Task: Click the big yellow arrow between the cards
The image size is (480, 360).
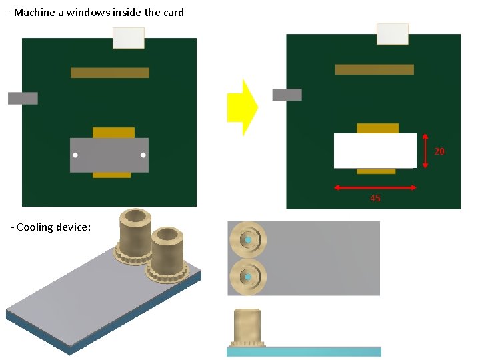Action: point(241,107)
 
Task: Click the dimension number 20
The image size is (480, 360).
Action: point(439,152)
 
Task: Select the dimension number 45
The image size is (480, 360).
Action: point(375,199)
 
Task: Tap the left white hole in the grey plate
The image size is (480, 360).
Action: point(75,155)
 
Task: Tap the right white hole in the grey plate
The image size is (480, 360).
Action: point(143,155)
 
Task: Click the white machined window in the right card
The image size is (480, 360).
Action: point(375,151)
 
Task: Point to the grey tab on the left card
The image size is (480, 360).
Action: point(23,98)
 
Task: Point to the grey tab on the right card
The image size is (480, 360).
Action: point(287,95)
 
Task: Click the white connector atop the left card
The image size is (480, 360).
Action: point(128,38)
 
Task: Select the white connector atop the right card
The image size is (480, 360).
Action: point(393,34)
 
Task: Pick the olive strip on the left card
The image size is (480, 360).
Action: point(110,73)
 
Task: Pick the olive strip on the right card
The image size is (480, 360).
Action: point(375,69)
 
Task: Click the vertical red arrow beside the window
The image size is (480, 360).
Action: point(426,151)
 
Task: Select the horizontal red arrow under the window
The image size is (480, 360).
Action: point(375,188)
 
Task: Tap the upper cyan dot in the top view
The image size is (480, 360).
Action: point(248,240)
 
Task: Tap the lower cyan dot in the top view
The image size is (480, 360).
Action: point(248,277)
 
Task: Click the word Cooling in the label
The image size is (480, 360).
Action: point(36,227)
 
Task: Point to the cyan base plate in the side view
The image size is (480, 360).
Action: point(304,351)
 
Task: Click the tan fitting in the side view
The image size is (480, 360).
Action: point(247,327)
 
